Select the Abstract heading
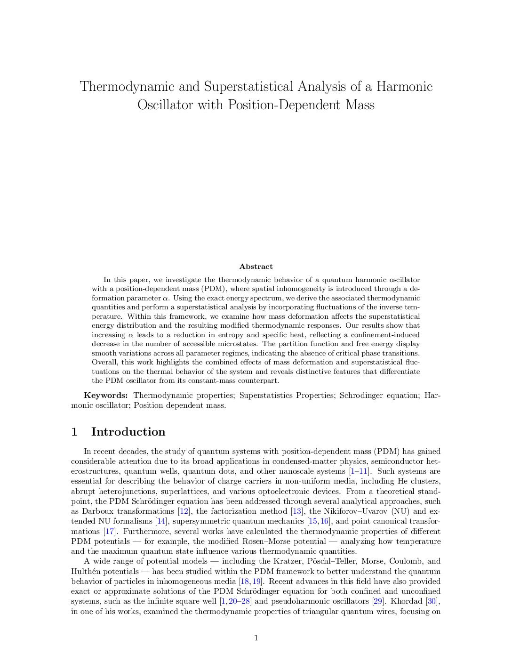point(256,267)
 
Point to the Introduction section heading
point(128,432)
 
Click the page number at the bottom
point(256,638)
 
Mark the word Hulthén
point(86,572)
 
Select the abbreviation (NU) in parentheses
point(402,511)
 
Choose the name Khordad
point(407,601)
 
